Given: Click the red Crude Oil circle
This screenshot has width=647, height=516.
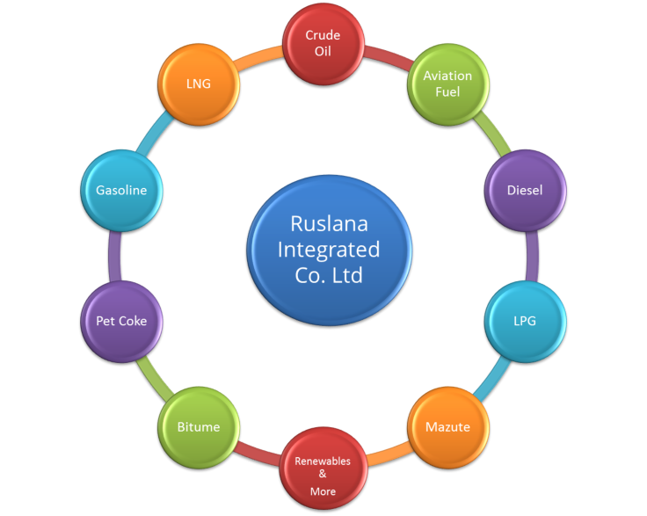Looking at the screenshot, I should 323,43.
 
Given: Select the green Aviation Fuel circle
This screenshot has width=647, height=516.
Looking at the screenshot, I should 447,84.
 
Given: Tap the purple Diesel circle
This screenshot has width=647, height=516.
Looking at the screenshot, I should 525,189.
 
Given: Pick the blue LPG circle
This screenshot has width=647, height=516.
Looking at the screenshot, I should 525,320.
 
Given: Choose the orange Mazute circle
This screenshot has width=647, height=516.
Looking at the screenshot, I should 447,426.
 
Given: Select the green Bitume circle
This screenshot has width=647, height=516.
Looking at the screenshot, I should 198,426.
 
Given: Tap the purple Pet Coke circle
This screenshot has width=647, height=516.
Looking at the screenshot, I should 120,320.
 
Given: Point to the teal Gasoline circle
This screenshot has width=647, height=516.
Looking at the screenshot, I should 120,189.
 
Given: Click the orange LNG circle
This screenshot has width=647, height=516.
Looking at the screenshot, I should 198,84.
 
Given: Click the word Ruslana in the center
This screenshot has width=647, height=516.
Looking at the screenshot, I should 330,224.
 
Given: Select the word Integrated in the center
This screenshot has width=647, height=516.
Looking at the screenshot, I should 329,250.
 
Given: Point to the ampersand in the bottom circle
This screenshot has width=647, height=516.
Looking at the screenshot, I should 323,476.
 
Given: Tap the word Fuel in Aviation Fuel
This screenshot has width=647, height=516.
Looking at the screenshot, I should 447,91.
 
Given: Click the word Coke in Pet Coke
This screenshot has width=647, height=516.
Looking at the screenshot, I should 133,321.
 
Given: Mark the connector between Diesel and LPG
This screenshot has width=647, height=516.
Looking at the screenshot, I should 532,255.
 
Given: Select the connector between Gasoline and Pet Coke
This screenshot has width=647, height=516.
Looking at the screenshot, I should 113,255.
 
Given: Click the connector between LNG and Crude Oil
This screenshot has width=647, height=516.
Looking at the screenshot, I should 260,54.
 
